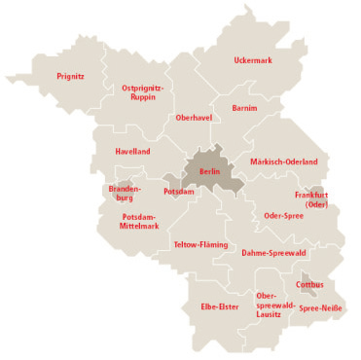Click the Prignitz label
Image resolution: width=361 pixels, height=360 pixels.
[x=69, y=76]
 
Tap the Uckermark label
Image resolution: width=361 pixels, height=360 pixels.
[x=254, y=60]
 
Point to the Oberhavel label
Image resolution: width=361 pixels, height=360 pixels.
[x=194, y=118]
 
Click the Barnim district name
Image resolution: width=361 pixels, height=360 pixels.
[x=244, y=108]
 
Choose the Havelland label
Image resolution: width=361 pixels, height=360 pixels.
[x=132, y=152]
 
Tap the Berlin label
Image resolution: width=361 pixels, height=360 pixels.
[x=209, y=171]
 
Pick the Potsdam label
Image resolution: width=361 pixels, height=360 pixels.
[x=179, y=192]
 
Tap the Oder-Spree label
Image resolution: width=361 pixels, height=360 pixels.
[x=284, y=215]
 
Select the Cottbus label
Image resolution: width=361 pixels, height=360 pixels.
[x=310, y=285]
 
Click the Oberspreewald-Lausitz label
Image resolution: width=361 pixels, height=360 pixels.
[x=269, y=305]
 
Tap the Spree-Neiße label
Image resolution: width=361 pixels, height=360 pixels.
[x=319, y=308]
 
